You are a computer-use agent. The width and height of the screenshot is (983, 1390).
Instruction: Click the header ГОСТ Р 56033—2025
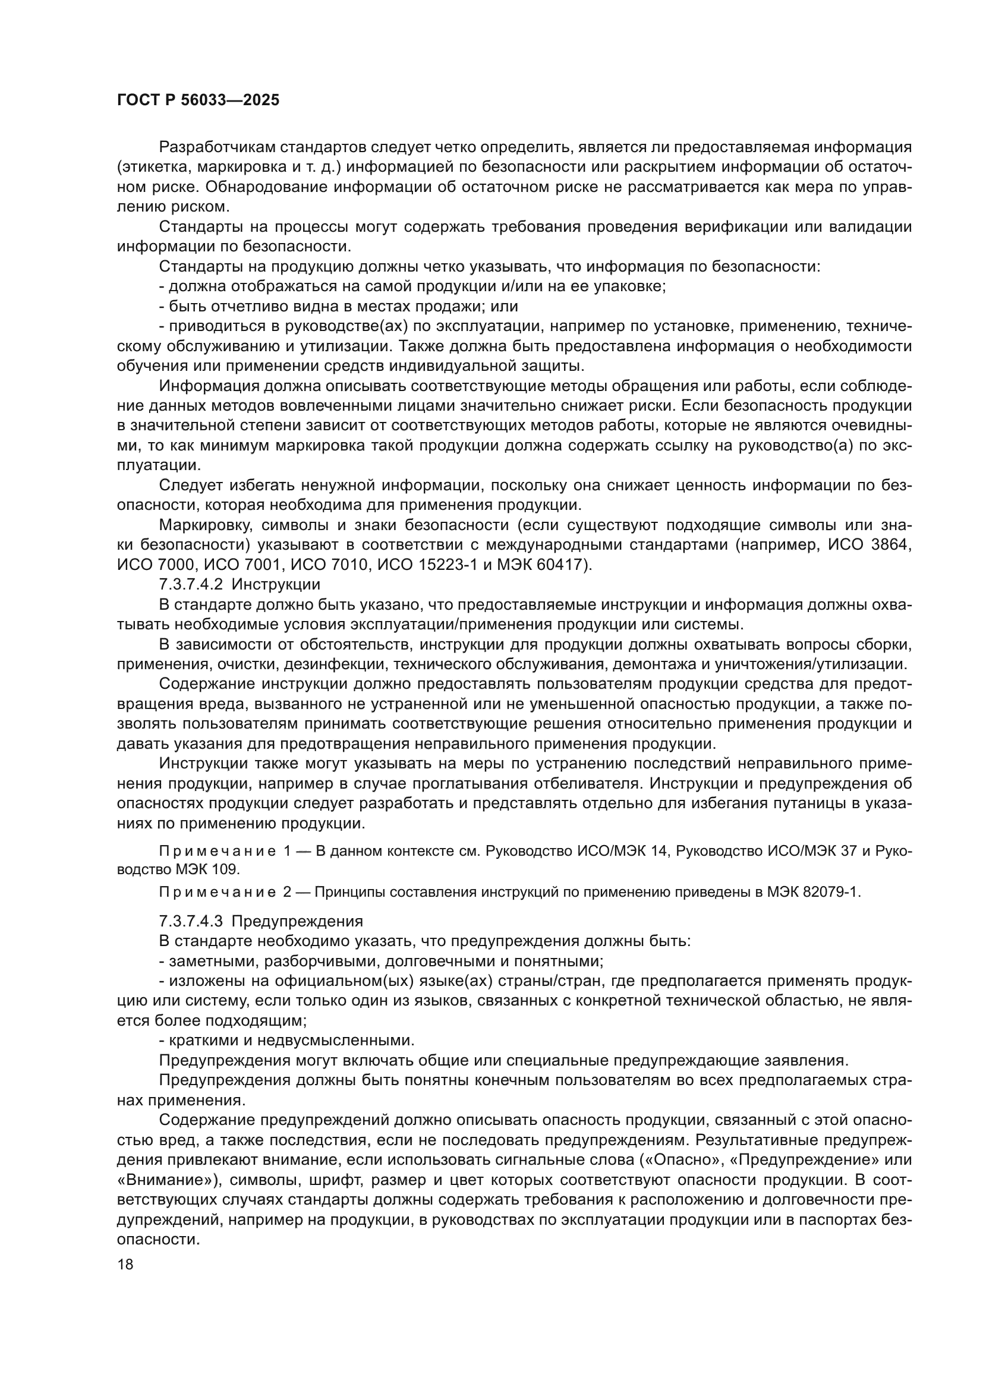click(x=198, y=100)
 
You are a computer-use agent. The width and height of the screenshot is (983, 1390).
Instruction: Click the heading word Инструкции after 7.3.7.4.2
click(x=276, y=585)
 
